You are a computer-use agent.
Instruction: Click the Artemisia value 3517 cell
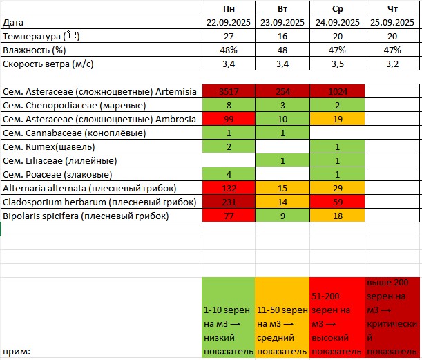pos(228,92)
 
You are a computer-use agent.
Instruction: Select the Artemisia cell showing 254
pos(282,92)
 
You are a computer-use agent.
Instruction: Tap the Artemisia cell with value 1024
pos(336,92)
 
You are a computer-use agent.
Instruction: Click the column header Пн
pos(228,8)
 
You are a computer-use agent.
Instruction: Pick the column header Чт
pos(392,8)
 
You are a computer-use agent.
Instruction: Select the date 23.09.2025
pos(282,22)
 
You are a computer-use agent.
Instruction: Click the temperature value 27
pos(228,36)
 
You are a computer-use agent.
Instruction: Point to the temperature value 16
pos(282,36)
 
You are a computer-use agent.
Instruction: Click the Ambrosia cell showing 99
pos(228,120)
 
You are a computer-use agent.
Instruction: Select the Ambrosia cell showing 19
pos(336,120)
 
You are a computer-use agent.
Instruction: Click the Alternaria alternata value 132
pos(228,189)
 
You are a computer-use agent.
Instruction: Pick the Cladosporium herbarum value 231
pos(228,202)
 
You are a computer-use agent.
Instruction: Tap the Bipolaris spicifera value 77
pos(228,216)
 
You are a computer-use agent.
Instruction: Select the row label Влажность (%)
pos(35,50)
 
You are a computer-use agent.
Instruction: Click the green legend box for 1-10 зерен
pos(228,317)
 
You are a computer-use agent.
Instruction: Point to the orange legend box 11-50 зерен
pos(282,317)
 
